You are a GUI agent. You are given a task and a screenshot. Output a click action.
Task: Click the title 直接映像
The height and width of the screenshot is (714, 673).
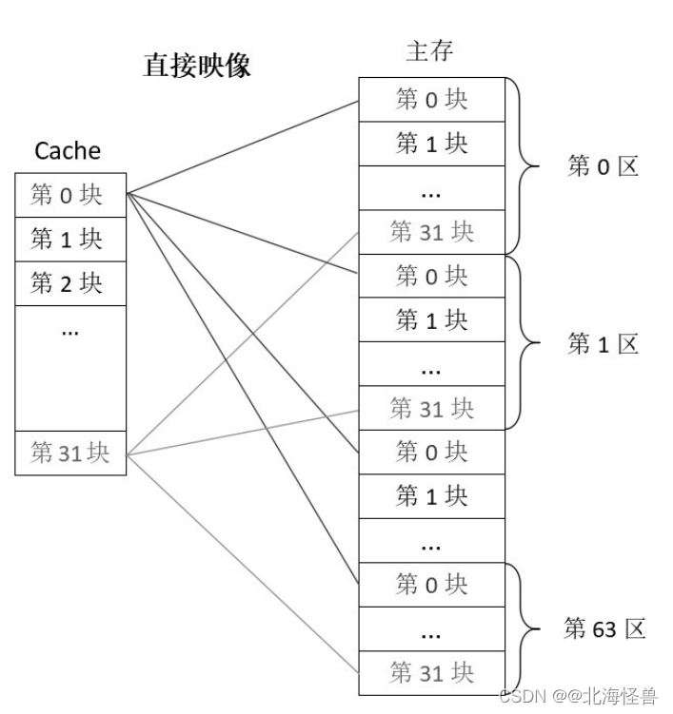click(x=197, y=65)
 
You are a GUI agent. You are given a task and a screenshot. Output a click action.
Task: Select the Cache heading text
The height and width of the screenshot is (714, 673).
click(x=68, y=150)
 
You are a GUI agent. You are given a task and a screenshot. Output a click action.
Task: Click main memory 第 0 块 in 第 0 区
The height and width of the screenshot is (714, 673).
click(x=431, y=99)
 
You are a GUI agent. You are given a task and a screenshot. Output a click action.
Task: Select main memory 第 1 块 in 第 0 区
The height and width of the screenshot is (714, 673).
click(x=431, y=144)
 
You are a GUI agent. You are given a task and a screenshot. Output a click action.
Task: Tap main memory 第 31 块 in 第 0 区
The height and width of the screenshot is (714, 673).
click(x=431, y=232)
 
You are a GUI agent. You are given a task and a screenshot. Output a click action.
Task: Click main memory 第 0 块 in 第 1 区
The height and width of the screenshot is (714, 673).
click(x=431, y=276)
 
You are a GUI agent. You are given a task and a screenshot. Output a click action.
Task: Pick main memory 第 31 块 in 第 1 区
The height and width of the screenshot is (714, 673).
click(x=431, y=409)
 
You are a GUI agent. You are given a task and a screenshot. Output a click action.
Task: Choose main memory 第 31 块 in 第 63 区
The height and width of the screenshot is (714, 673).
click(x=431, y=673)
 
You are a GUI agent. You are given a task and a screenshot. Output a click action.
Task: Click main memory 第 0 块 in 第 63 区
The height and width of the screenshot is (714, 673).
click(x=431, y=585)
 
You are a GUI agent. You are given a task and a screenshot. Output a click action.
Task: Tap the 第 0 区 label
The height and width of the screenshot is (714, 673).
click(x=603, y=166)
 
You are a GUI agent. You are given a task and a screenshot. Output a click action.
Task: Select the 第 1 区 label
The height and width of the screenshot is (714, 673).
click(x=603, y=344)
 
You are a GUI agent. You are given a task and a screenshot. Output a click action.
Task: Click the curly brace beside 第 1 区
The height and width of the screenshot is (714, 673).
click(x=524, y=343)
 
